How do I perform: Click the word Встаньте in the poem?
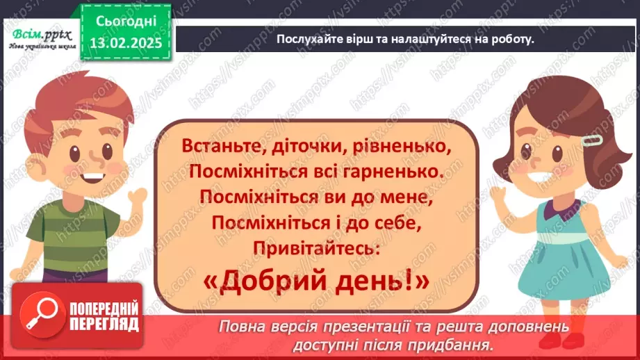point(218,147)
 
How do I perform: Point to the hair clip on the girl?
point(591,140)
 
